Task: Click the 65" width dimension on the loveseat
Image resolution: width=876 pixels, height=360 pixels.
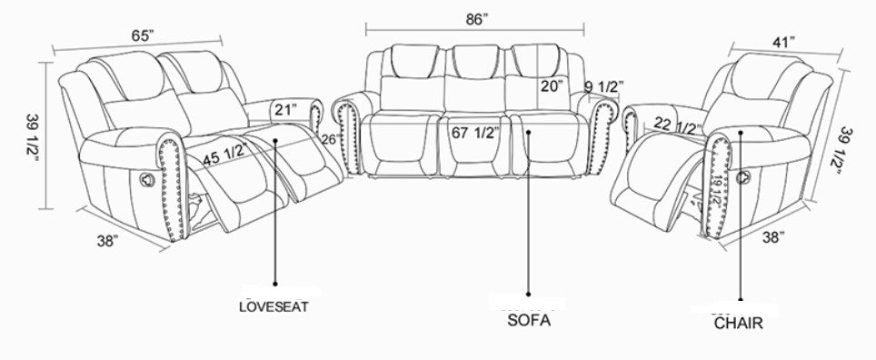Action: click(x=143, y=35)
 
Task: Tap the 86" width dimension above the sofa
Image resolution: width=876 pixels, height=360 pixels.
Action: click(x=477, y=18)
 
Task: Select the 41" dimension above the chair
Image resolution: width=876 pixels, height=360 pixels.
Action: click(x=784, y=43)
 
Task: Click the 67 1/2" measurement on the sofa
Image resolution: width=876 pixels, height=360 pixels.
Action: click(x=475, y=134)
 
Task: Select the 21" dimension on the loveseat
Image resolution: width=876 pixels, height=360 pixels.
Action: click(x=285, y=110)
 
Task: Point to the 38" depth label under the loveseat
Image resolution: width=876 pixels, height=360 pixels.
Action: click(x=108, y=241)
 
